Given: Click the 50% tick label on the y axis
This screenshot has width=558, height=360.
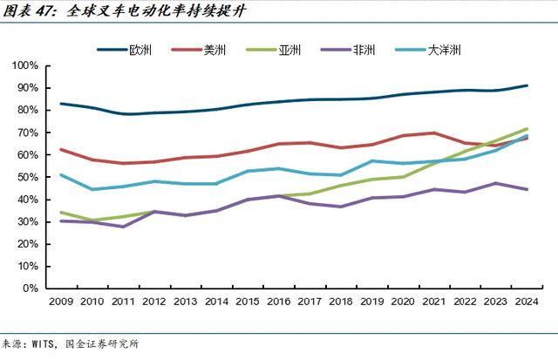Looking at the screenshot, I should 25,177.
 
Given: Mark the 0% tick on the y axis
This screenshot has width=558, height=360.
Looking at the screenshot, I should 29,289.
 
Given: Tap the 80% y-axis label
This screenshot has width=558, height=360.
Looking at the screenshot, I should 25,111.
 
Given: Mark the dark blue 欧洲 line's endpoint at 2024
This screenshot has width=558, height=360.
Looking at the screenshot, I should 526,85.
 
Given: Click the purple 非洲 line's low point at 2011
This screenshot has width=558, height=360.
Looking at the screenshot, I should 122,227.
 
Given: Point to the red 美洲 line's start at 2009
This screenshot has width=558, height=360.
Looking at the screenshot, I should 60,149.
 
